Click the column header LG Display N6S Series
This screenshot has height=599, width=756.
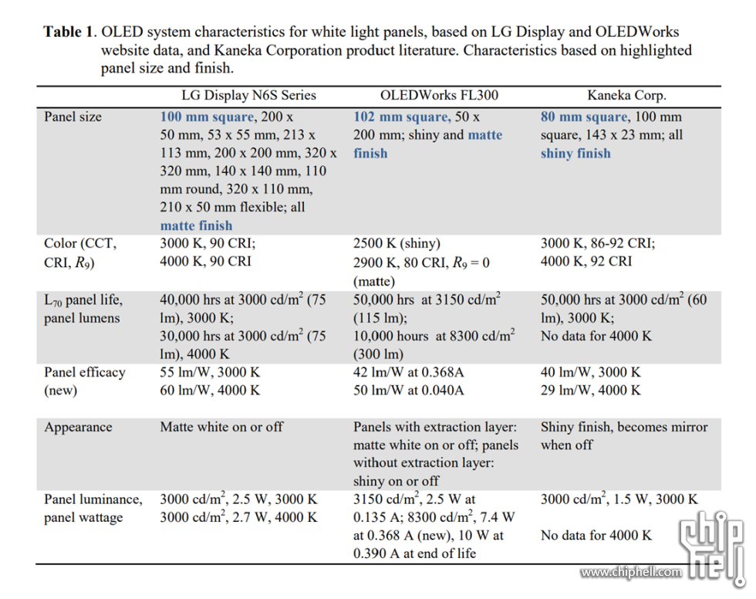tap(248, 96)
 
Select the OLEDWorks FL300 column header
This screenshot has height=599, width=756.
tap(439, 96)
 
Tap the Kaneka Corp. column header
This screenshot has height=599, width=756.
tap(626, 96)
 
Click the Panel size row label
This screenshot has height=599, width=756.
tap(73, 117)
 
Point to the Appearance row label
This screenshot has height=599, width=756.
tap(78, 427)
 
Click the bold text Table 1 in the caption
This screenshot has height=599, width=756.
tap(69, 32)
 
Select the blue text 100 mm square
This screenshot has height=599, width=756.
tap(206, 117)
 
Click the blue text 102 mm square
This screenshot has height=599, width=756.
tap(400, 117)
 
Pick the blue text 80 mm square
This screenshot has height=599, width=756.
tap(583, 117)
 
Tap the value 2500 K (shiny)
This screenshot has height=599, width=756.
tap(397, 244)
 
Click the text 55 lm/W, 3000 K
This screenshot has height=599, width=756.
tap(210, 372)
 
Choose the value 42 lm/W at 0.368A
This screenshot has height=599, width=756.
tap(408, 372)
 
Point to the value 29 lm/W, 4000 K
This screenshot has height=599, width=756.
tap(590, 390)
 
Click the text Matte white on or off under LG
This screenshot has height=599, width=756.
tap(221, 427)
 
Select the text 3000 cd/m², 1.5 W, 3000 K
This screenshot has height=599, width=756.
tap(619, 499)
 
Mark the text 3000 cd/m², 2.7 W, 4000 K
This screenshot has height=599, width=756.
tap(238, 517)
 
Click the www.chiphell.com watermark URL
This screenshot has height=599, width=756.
tap(631, 572)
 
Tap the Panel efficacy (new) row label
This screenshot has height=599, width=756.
tap(84, 381)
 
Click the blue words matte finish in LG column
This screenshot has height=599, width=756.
tap(196, 225)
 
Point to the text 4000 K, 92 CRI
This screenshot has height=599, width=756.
tap(586, 261)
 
